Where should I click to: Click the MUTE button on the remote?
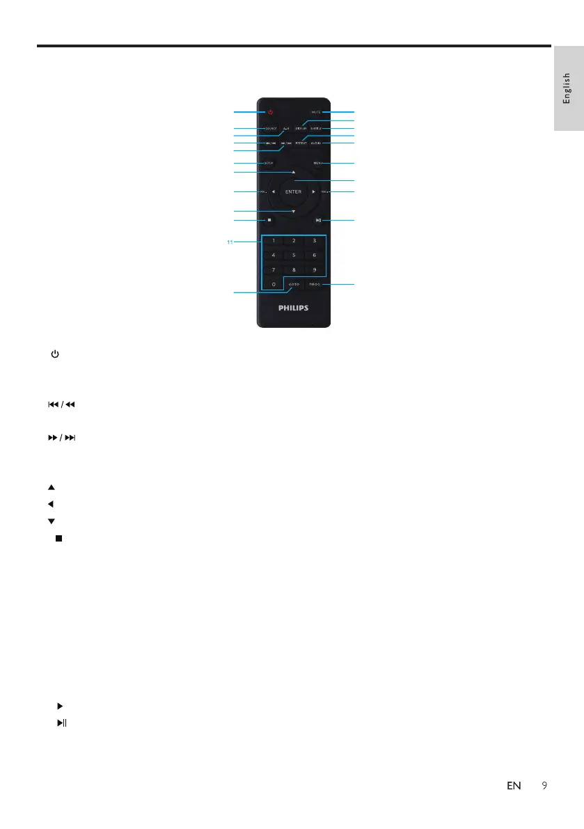pos(316,112)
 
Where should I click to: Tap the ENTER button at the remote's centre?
pos(293,191)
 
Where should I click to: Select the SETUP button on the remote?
pos(269,163)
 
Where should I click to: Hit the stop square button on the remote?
pos(269,221)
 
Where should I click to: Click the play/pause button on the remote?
pos(317,221)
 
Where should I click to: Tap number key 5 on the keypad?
pos(294,255)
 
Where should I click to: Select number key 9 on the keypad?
pos(315,269)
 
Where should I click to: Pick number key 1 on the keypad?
pos(273,240)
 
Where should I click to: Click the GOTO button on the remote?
pos(294,285)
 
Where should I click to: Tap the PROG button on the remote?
pos(315,285)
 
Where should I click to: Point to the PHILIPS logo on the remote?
pos(293,307)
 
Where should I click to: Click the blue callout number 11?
pos(230,242)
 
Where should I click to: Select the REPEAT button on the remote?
pos(300,143)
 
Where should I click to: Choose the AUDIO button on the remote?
pos(316,143)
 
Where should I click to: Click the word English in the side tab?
pos(567,88)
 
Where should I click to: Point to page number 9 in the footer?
pos(544,786)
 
